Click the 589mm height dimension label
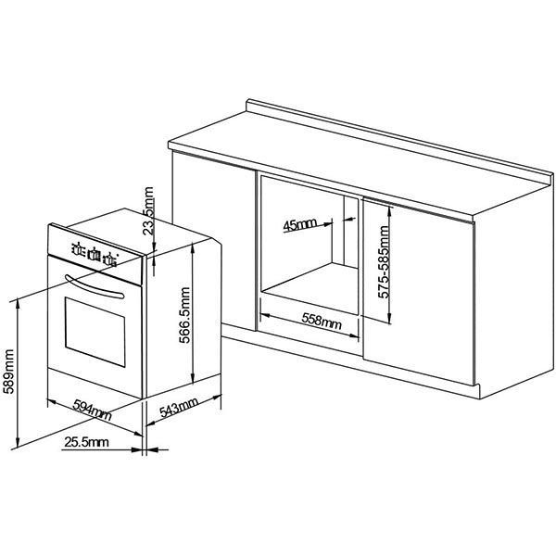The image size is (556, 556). point(8,372)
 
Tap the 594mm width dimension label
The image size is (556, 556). point(93,410)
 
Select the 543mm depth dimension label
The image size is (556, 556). point(179,408)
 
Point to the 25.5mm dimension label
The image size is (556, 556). point(86,442)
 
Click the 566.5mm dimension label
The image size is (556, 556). point(184,315)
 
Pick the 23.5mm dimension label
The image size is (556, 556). point(148,211)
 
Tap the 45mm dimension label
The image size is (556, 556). point(299,224)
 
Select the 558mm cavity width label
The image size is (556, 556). point(322,321)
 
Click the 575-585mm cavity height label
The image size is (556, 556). point(384,262)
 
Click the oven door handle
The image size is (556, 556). point(95,286)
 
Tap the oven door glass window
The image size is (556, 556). point(95,332)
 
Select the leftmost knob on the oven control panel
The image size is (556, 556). point(76,248)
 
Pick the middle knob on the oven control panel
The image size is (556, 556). point(94,254)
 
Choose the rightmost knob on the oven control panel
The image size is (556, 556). point(110,260)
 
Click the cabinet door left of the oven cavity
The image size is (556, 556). point(214,240)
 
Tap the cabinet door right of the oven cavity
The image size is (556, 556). point(419,292)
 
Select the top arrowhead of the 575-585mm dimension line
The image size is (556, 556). point(390,211)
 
